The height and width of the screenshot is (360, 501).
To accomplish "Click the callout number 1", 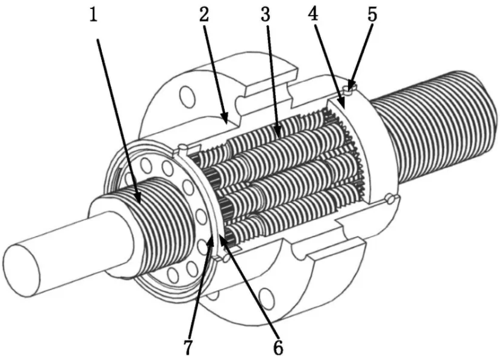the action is (93, 15).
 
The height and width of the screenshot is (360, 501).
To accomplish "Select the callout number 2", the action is (204, 14).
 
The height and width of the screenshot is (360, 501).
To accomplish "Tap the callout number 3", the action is (265, 14).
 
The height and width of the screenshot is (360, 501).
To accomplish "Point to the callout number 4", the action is (314, 14).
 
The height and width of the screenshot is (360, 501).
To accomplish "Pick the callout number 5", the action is (372, 14).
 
